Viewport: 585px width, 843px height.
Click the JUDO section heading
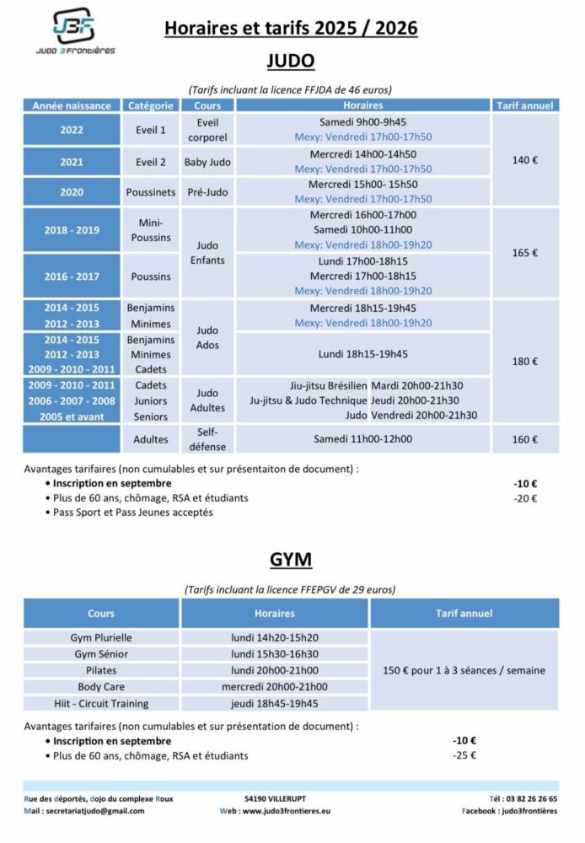point(291,61)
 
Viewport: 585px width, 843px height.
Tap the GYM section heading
point(291,559)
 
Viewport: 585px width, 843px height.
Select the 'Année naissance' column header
point(72,106)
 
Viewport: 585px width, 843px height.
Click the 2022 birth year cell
point(72,130)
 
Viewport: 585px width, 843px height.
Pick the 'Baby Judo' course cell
point(207,162)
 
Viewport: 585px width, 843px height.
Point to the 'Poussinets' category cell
point(150,192)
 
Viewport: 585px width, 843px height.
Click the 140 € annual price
point(525,160)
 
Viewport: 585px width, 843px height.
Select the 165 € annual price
point(525,253)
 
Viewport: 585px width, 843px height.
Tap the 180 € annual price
point(525,362)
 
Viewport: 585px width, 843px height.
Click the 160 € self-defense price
point(525,439)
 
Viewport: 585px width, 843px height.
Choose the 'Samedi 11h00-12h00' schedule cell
point(363,439)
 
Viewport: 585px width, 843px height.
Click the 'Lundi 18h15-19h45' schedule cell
point(363,354)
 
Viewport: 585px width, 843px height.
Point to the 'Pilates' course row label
point(101,670)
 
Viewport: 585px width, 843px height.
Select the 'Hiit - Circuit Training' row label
point(101,703)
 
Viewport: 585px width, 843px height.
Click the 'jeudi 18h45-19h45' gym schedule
point(275,703)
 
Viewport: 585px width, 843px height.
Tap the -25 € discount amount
point(464,755)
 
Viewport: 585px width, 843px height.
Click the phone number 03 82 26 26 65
point(530,798)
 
